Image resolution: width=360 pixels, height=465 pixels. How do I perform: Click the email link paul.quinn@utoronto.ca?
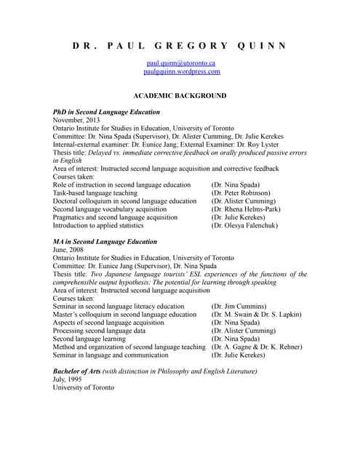tap(180, 63)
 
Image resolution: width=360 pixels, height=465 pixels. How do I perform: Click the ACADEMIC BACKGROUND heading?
tap(180, 95)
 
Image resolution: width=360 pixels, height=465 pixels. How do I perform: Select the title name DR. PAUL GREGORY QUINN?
tap(180, 46)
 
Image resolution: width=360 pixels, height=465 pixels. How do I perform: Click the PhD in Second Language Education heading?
tap(106, 113)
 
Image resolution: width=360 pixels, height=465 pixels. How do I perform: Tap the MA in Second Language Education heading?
tap(105, 241)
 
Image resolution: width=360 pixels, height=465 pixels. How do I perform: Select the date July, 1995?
tap(69, 379)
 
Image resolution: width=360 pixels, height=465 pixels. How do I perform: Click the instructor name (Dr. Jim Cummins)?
tap(239, 307)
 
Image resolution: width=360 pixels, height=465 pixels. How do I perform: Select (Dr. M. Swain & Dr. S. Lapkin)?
tap(257, 315)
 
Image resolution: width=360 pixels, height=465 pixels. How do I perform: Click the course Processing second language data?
tap(99, 331)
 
